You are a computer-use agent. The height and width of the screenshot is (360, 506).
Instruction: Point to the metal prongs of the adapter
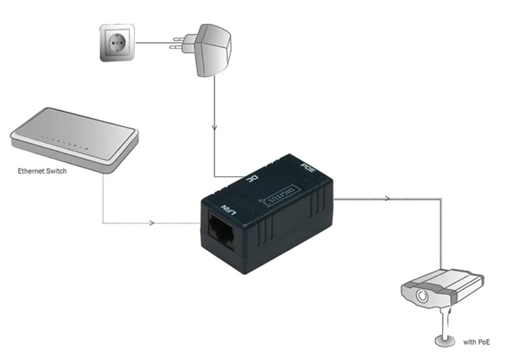coord(179,43)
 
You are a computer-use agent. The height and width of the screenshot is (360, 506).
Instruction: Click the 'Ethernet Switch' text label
coord(43,171)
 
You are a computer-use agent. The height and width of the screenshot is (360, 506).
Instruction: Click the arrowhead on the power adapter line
coord(215,129)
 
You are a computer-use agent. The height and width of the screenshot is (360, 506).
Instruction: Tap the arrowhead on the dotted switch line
coord(154,222)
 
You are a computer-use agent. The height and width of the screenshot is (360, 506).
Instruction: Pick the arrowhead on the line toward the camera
coord(387,198)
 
